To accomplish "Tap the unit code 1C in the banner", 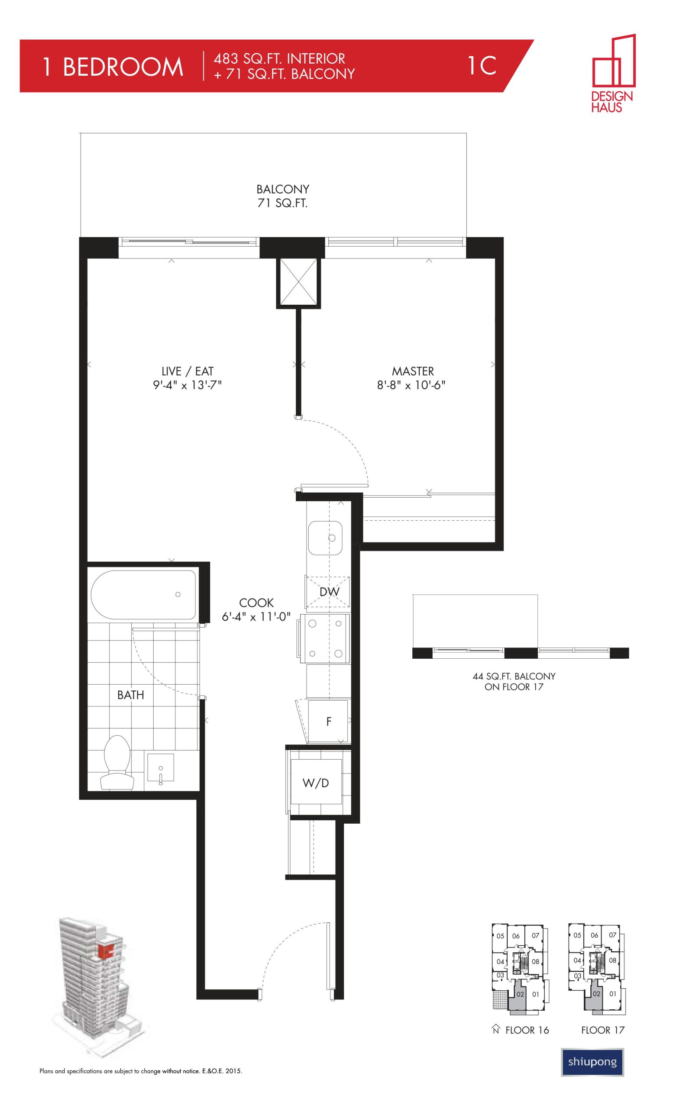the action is tap(482, 66).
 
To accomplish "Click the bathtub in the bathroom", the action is tap(143, 595).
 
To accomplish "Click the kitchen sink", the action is tap(325, 538).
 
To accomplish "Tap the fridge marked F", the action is tap(327, 721).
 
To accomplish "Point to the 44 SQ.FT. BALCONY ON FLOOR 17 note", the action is tap(514, 681).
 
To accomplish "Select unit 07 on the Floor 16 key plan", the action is tap(535, 935).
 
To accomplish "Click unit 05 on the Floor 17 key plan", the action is tap(577, 936).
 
